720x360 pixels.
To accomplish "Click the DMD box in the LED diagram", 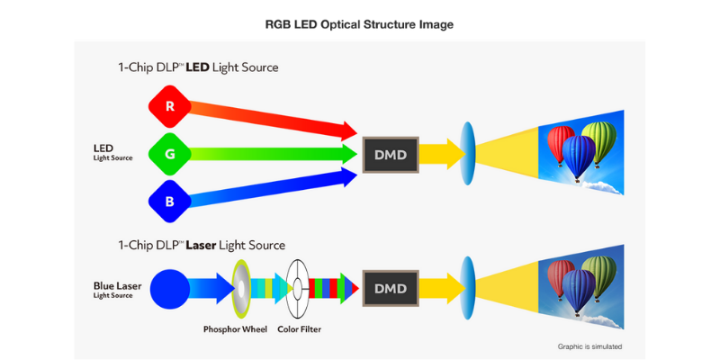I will pyautogui.click(x=390, y=155).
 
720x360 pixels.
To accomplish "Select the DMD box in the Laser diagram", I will pyautogui.click(x=390, y=288).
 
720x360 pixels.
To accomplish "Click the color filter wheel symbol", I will pyautogui.click(x=298, y=288).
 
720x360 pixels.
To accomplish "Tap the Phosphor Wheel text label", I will pyautogui.click(x=235, y=329).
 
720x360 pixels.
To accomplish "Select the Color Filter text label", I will pyautogui.click(x=299, y=329).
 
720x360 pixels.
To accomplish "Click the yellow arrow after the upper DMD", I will pyautogui.click(x=438, y=154).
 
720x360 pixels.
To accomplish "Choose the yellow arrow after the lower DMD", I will pyautogui.click(x=438, y=288).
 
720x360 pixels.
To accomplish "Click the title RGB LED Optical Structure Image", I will pyautogui.click(x=359, y=24).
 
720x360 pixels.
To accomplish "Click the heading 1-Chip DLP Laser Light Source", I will pyautogui.click(x=202, y=246).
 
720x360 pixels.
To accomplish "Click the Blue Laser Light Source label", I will pyautogui.click(x=118, y=288).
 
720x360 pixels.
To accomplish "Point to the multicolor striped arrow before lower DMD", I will pyautogui.click(x=335, y=288).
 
